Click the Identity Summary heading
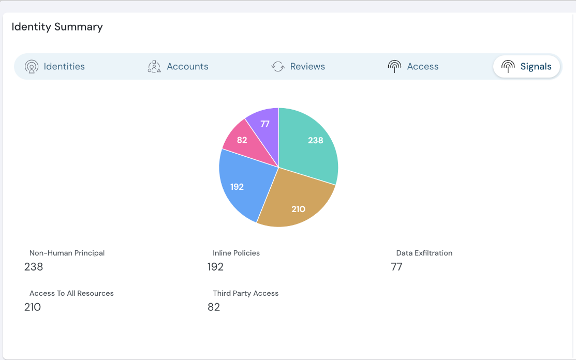coord(57,27)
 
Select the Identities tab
coord(64,67)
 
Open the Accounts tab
coord(187,67)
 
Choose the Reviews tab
coord(307,67)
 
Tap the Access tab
coord(422,67)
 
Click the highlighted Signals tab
coord(535,67)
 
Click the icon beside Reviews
coord(278,67)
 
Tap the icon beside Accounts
coord(154,67)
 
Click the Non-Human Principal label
coord(67,253)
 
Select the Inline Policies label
coord(236,253)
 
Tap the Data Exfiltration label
coord(424,253)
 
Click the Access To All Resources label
coord(71,293)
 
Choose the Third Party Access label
coord(245,293)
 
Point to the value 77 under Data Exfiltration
coord(396,267)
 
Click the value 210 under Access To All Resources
coord(33,307)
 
